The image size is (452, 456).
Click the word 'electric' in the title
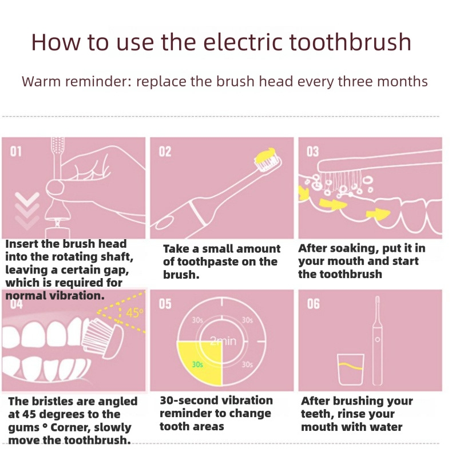point(243,42)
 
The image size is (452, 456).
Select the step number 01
point(16,152)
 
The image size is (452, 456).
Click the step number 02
point(165,152)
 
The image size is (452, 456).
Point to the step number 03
point(312,152)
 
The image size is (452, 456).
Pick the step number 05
point(165,304)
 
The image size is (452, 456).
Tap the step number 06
point(314,304)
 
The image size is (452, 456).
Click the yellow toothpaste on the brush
point(265,156)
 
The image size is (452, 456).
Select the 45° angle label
point(134,313)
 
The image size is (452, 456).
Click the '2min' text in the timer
point(223,341)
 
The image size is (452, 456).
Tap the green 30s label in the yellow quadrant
point(197,364)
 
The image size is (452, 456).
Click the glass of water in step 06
point(351,370)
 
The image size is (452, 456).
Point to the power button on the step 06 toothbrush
point(377,339)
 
